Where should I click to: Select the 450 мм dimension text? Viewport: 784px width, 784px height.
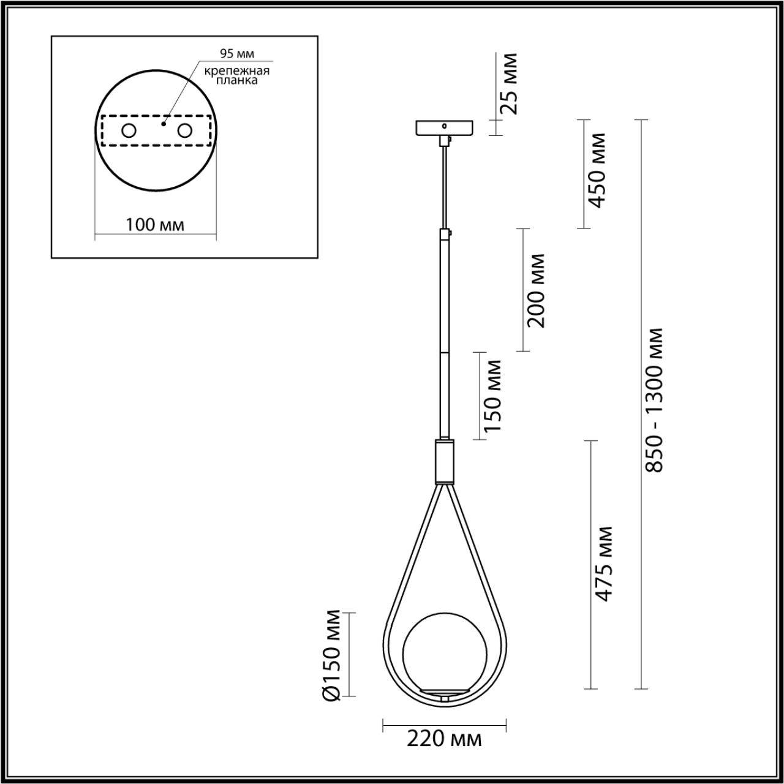tap(595, 170)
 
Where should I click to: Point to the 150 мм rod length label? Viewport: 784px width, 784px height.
tap(492, 395)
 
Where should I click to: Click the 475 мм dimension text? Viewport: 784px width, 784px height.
tap(604, 563)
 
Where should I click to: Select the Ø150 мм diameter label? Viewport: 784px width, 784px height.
tap(331, 655)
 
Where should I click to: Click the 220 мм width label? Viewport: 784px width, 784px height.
tap(445, 739)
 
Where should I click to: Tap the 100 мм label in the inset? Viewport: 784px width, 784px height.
tap(155, 225)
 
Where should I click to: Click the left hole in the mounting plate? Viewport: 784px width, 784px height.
tap(129, 130)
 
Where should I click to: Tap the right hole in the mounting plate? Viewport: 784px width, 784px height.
tap(184, 130)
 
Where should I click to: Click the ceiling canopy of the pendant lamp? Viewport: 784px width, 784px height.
tap(445, 127)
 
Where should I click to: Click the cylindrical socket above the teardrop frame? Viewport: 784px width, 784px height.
tap(445, 461)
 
